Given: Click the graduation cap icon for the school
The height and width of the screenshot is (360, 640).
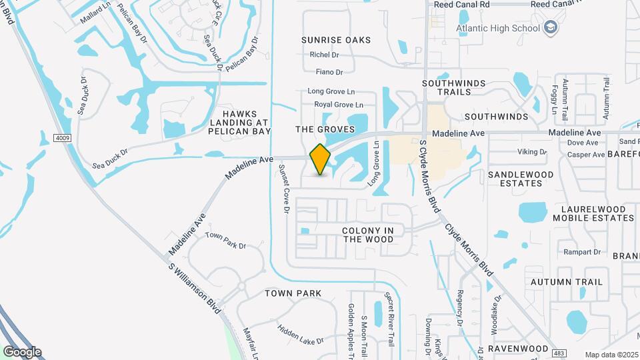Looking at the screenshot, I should click(x=550, y=27).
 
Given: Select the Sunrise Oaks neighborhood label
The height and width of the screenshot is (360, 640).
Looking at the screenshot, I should click(x=335, y=40).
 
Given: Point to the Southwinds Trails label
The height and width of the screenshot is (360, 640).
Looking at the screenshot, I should click(x=456, y=88).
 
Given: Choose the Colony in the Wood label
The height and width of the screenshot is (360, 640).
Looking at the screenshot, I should click(x=368, y=235).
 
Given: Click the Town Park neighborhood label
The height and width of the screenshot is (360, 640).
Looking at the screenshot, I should click(x=293, y=293).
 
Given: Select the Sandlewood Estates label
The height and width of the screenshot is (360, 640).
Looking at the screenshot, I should click(x=521, y=179).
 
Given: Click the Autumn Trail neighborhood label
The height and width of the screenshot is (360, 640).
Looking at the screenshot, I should click(x=567, y=282).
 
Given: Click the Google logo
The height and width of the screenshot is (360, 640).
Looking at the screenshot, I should click(x=22, y=351).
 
